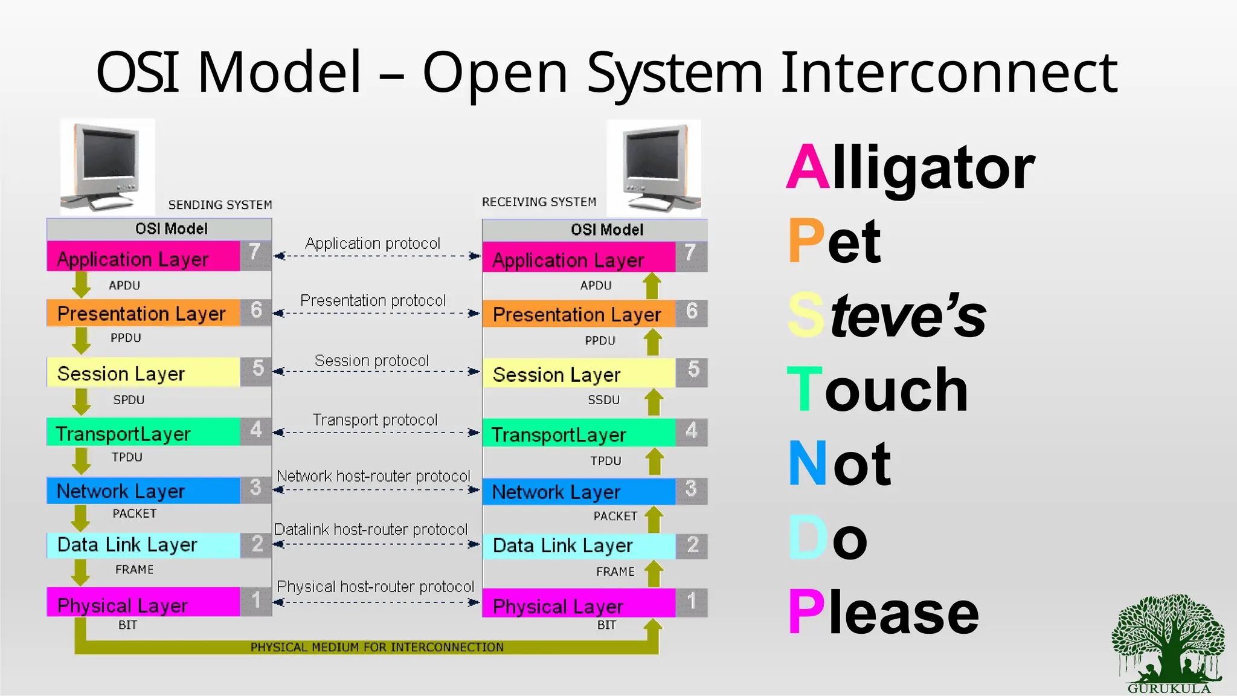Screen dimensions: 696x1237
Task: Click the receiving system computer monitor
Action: click(x=655, y=166)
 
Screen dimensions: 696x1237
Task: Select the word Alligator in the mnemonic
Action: click(x=911, y=167)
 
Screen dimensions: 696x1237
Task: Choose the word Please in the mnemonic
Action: click(x=883, y=613)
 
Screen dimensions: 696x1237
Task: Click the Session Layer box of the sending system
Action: click(x=144, y=373)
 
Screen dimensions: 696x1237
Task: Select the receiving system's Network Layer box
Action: click(x=579, y=492)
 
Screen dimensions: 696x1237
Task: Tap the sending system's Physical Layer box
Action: click(x=144, y=604)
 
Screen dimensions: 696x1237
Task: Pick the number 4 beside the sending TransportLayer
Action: click(x=256, y=430)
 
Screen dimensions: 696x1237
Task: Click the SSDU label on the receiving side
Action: click(x=603, y=400)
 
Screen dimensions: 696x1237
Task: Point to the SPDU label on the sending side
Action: click(x=129, y=400)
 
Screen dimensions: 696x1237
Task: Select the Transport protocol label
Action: click(x=374, y=420)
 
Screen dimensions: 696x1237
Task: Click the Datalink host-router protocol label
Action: click(x=371, y=529)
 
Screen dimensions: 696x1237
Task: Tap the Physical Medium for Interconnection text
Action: click(x=377, y=647)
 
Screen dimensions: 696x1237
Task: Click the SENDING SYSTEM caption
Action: click(x=220, y=205)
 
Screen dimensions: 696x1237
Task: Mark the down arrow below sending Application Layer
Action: click(x=81, y=284)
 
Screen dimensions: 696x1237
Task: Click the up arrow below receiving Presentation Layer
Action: click(x=652, y=342)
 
